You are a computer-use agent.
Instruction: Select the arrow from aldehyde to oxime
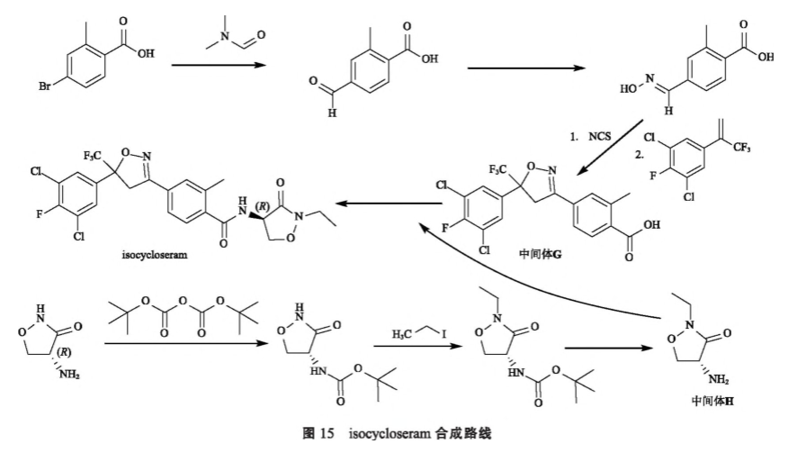coord(522,65)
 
